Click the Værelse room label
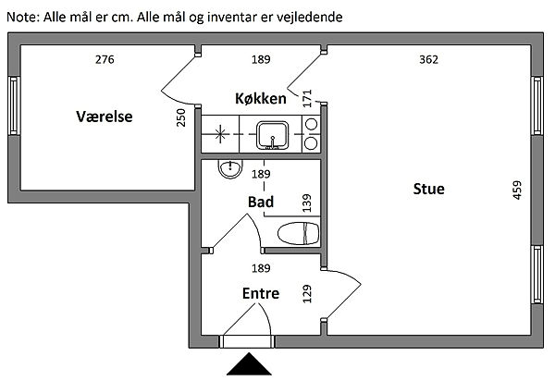tap(105, 117)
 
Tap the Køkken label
tap(261, 97)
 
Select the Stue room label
tap(428, 189)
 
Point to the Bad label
tap(260, 202)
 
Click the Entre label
tap(260, 293)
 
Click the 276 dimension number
tap(105, 60)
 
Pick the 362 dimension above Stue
tap(428, 60)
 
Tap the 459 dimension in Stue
tap(518, 190)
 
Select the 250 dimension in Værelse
tap(181, 118)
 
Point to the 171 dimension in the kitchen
tap(307, 96)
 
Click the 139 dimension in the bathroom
tap(307, 202)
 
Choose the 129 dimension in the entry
tap(307, 294)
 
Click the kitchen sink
tap(273, 135)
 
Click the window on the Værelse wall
tap(13, 104)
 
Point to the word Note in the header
tap(22, 17)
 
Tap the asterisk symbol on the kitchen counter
tap(220, 134)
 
